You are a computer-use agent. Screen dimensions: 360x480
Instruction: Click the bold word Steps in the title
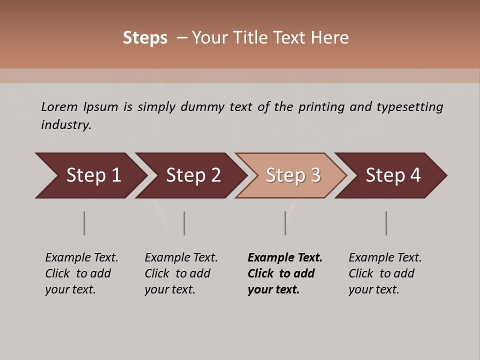coord(145,38)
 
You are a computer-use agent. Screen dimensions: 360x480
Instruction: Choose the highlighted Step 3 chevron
coord(291,175)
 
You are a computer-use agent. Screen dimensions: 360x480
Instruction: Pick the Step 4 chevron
coord(391,175)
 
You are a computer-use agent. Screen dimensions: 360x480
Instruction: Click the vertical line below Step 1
coord(84,223)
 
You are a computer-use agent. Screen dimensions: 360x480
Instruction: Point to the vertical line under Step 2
coord(184,223)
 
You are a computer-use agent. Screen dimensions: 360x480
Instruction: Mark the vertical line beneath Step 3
coord(285,223)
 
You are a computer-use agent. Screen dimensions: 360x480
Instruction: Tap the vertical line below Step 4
coord(386,223)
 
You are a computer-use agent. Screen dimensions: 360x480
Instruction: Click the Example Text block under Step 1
coord(81,273)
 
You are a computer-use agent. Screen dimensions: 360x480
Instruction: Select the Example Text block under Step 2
coord(181,273)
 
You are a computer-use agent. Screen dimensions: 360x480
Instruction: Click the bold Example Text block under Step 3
coord(285,273)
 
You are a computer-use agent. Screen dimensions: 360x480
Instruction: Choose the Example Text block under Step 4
coord(385,273)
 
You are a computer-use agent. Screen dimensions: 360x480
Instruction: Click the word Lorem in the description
coord(59,106)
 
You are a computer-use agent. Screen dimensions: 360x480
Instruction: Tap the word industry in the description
coord(66,125)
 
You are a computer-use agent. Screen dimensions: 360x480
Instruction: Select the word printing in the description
coord(320,106)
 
